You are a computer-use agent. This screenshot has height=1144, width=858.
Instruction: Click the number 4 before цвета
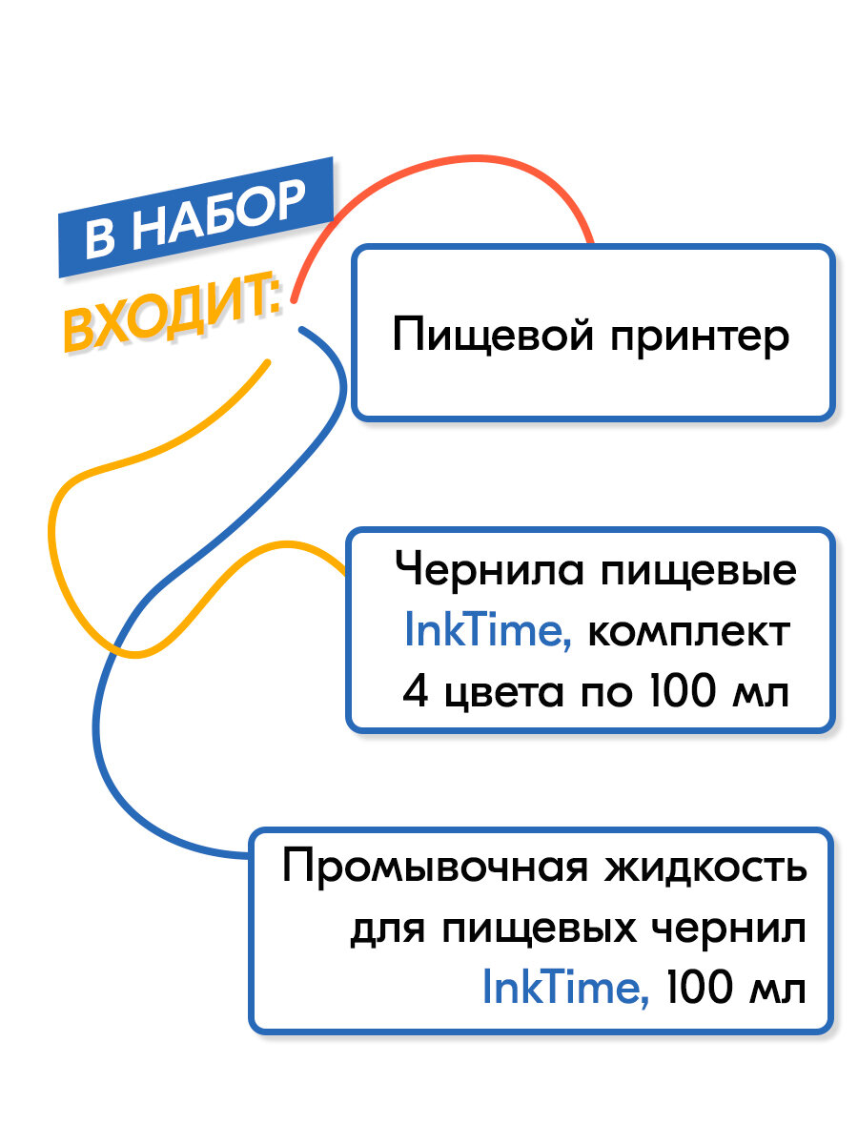pyautogui.click(x=414, y=691)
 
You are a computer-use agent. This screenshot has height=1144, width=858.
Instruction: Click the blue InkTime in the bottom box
pyautogui.click(x=566, y=989)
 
